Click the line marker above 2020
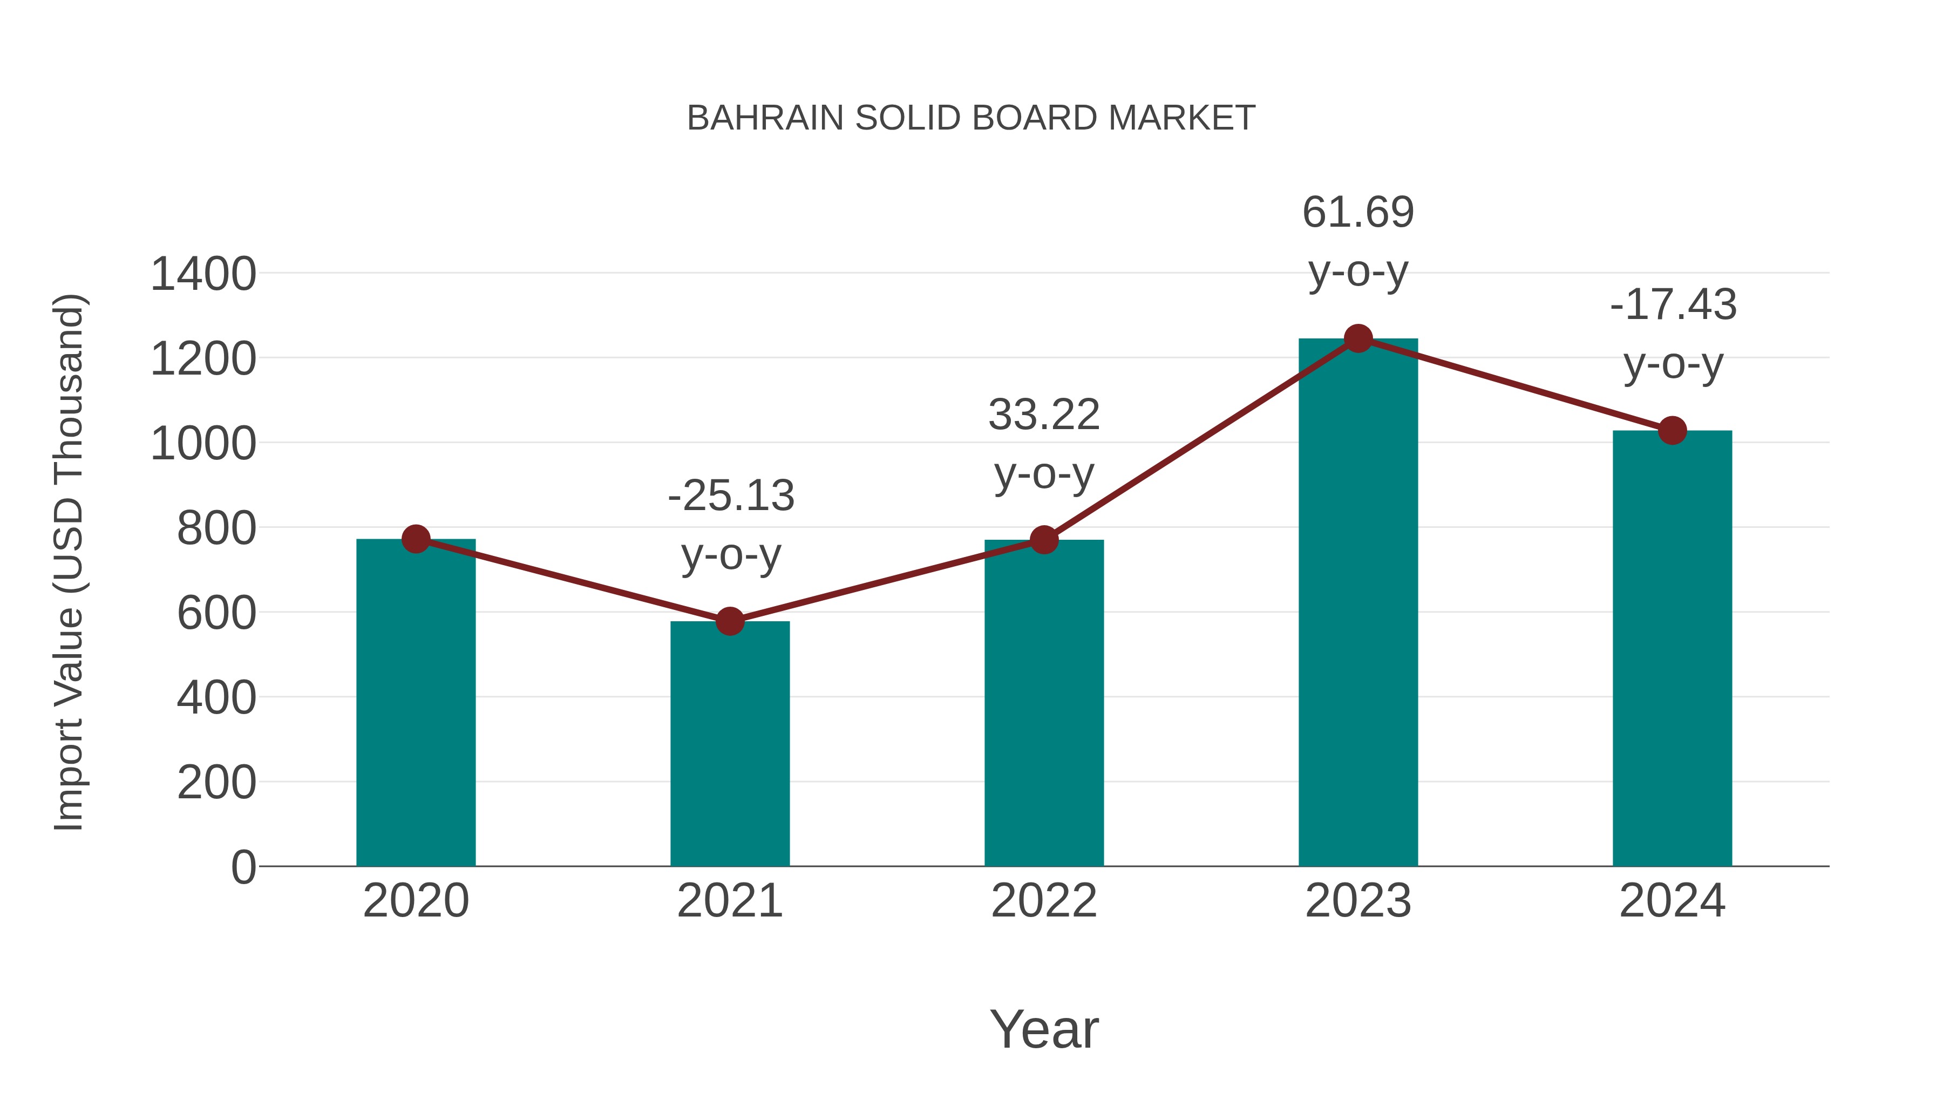tap(416, 539)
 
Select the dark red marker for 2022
tap(1044, 539)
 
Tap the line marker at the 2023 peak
tap(1358, 338)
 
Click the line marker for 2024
tap(1672, 430)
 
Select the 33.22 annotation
tap(1044, 415)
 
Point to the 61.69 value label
tap(1358, 213)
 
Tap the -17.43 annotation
tap(1673, 306)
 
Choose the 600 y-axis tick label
tap(216, 613)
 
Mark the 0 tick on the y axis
tap(243, 867)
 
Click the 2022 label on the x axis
tap(1044, 901)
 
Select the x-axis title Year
tap(1044, 1029)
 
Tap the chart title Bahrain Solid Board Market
tap(971, 118)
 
